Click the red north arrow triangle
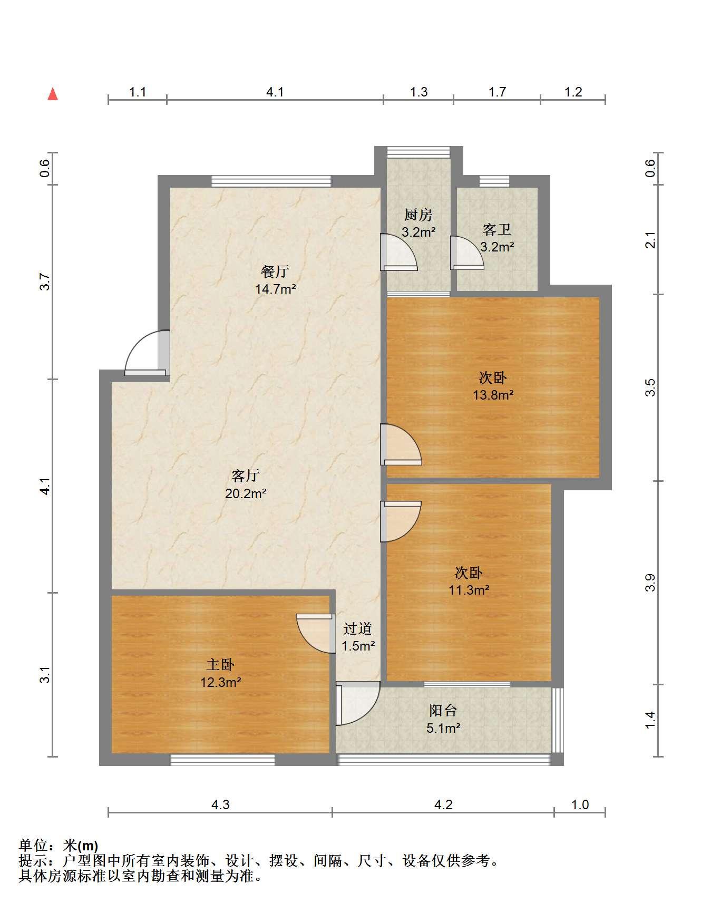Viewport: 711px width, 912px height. [53, 94]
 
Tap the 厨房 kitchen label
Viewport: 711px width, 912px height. [418, 215]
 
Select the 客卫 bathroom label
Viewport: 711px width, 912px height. [496, 229]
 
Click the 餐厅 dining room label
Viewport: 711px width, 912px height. [275, 271]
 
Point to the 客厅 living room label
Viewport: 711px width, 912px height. [246, 476]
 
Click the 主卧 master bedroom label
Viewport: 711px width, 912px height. [220, 665]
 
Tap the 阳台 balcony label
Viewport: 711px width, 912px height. [443, 711]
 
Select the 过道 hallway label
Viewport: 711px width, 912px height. [358, 628]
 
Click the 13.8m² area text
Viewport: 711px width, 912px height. [493, 394]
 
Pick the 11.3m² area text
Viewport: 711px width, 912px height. [469, 590]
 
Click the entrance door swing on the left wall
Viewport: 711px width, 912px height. [147, 353]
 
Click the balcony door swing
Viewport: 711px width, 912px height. [358, 703]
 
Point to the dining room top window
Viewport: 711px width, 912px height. [271, 181]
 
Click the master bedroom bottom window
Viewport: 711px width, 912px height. [222, 760]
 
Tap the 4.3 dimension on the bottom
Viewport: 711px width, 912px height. [220, 805]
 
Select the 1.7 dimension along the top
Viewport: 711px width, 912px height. [497, 92]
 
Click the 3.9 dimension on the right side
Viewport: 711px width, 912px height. [651, 583]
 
